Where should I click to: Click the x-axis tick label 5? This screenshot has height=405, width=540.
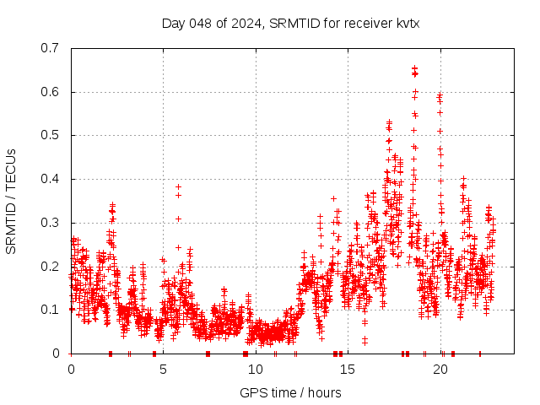pos(164,370)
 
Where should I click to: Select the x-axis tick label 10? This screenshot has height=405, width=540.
pos(256,370)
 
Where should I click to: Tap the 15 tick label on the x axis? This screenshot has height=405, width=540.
pos(348,370)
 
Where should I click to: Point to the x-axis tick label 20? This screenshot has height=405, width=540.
pos(440,370)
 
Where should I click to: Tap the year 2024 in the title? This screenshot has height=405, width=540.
pos(246,23)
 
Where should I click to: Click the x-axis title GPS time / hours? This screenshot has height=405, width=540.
pos(290,392)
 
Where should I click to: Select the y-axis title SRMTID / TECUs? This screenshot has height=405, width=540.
pos(11,201)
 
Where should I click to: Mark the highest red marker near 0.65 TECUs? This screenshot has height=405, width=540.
pos(414,67)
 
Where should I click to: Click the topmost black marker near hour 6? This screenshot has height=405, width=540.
pos(178,186)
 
